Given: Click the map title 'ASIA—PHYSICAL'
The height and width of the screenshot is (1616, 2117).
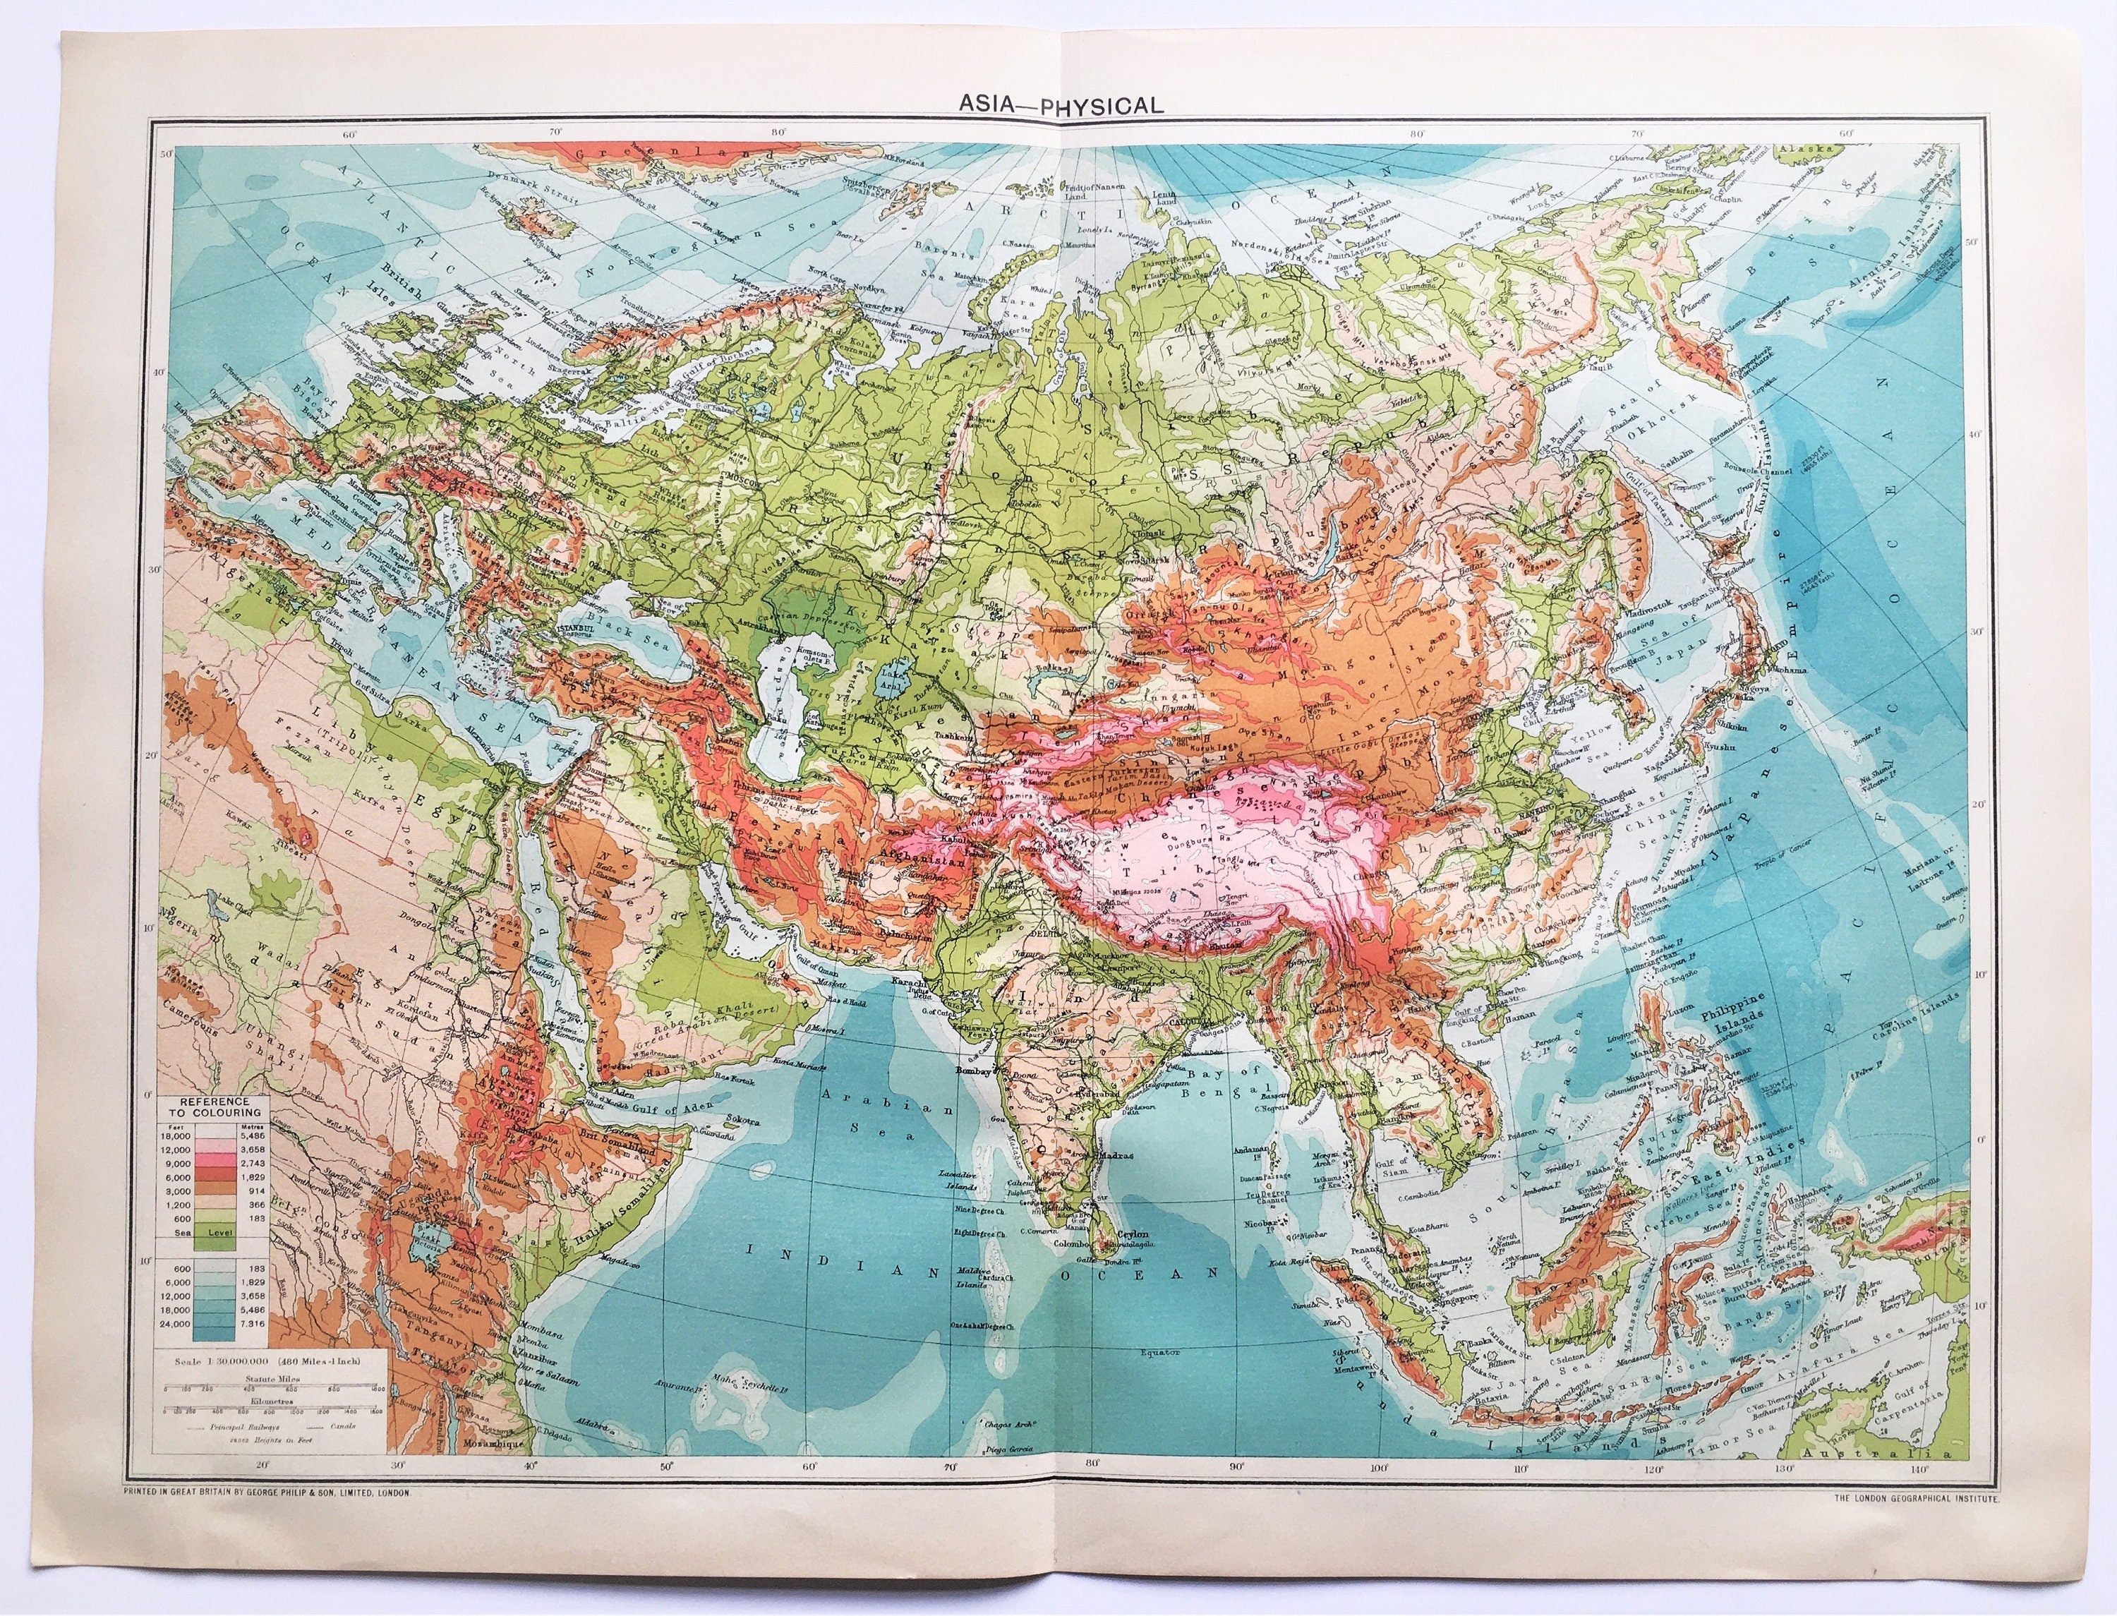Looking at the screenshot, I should pyautogui.click(x=1060, y=106).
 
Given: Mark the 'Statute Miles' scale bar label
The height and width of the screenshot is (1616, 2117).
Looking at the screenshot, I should pyautogui.click(x=273, y=1378).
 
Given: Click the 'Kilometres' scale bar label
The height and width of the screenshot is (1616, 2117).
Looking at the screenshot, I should pyautogui.click(x=273, y=1402).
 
